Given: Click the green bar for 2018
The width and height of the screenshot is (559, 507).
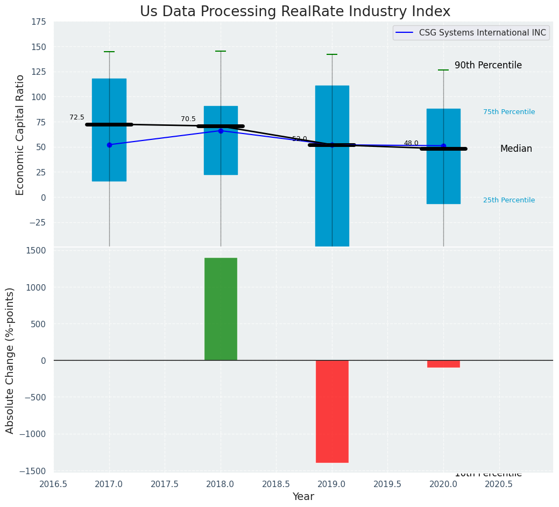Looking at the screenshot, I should (221, 309).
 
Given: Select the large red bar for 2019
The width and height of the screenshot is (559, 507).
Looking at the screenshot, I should (332, 411).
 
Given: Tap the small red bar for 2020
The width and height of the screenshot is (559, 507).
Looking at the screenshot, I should (443, 364).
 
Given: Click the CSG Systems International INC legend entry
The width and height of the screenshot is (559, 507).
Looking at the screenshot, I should (471, 33).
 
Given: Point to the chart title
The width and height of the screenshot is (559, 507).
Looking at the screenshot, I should (295, 12).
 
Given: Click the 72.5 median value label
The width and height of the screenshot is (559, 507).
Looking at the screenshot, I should (77, 117).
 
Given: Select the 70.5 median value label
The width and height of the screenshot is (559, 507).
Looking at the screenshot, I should (188, 119).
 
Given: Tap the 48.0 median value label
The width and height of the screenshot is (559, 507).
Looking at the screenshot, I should (411, 143).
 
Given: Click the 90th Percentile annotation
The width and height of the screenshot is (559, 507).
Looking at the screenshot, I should (488, 65).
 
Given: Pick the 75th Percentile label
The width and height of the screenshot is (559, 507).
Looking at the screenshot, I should (509, 112).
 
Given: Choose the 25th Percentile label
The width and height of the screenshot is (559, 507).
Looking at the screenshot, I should (509, 200).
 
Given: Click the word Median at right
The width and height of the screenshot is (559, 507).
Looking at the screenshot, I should (516, 149).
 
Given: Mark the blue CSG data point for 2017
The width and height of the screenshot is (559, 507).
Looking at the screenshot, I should (109, 145).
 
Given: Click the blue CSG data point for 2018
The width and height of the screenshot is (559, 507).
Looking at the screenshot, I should (221, 131).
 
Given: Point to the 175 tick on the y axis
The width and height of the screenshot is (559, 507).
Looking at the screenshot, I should (38, 22).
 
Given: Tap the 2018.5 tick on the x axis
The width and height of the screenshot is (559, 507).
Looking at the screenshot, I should (276, 484).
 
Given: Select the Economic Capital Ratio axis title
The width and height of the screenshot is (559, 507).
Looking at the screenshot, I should (20, 135).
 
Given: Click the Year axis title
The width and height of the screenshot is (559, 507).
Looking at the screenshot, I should (303, 497).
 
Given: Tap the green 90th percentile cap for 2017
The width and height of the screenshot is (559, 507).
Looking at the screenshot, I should (109, 52).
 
